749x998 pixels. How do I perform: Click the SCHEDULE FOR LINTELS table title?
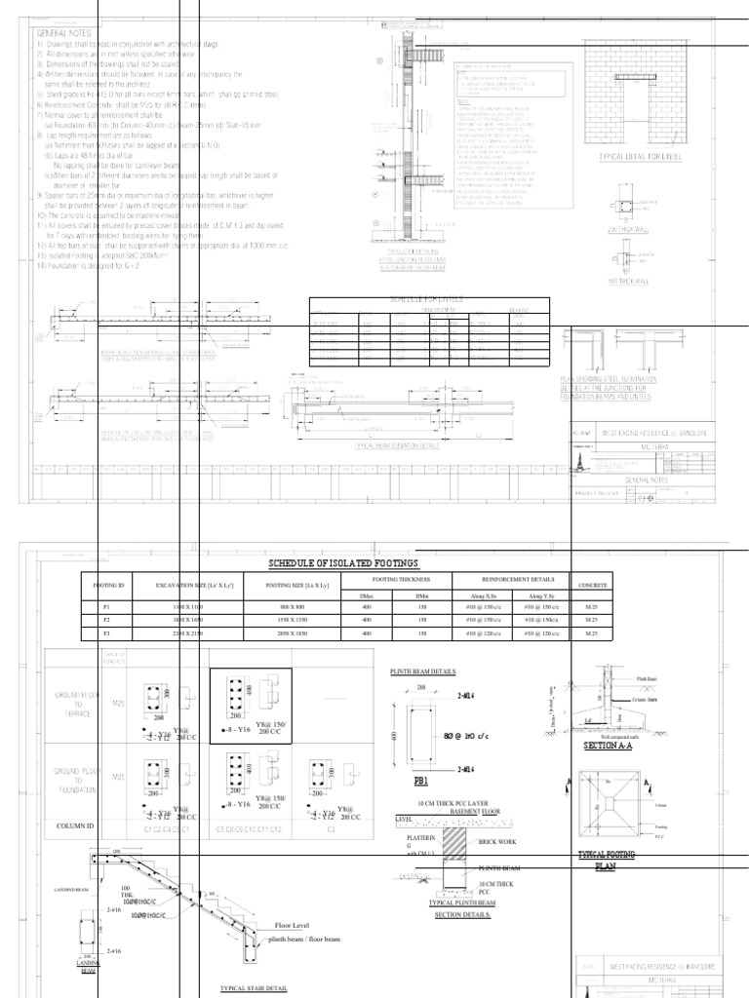(430, 300)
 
